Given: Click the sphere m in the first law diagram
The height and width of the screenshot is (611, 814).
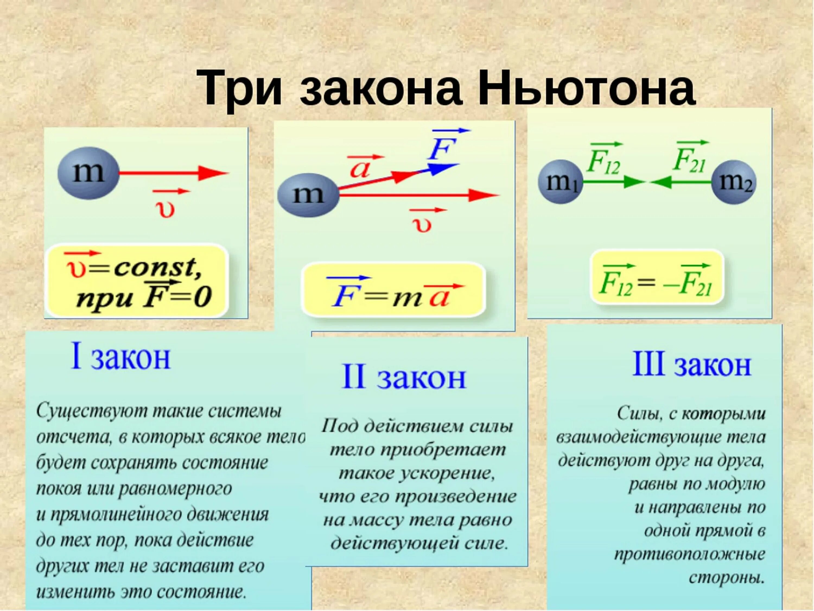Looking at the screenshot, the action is (89, 174).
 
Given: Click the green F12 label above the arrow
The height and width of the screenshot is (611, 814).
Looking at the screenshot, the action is (604, 162).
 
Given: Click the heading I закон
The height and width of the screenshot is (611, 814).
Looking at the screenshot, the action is (120, 357).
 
